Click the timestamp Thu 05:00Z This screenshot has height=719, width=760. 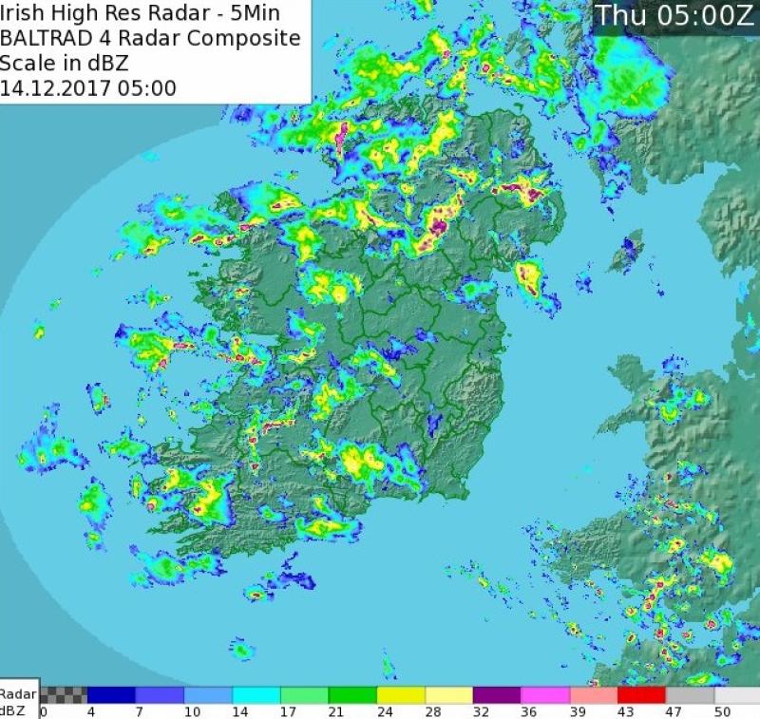tap(674, 15)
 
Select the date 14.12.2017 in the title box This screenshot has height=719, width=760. tap(56, 89)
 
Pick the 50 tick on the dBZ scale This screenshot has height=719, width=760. tap(723, 710)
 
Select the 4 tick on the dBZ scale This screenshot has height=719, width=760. tap(91, 710)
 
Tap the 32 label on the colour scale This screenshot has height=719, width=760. tap(480, 710)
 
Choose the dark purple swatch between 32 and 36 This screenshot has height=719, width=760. tap(497, 694)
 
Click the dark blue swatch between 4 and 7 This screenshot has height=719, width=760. tap(112, 694)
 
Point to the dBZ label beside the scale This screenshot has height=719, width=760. tap(14, 710)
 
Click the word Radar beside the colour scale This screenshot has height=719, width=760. tap(18, 694)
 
